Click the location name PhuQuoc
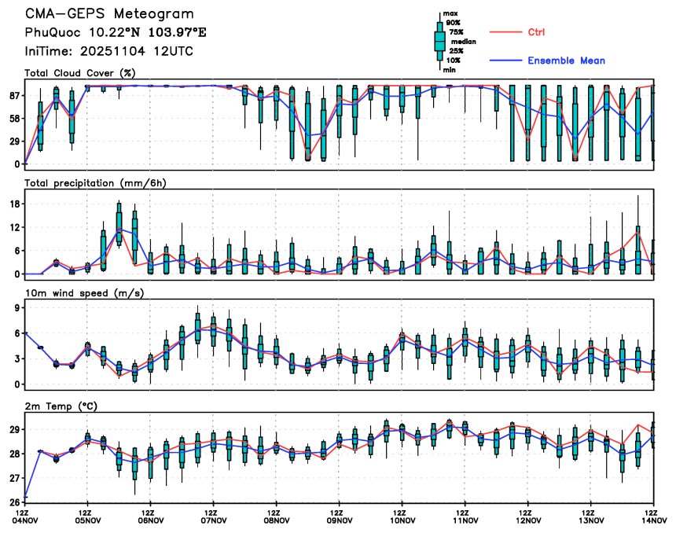pyautogui.click(x=52, y=33)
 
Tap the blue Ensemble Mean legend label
pyautogui.click(x=566, y=61)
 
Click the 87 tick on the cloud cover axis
pyautogui.click(x=14, y=95)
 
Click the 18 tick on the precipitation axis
pyautogui.click(x=14, y=204)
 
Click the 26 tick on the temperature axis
pyautogui.click(x=14, y=501)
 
